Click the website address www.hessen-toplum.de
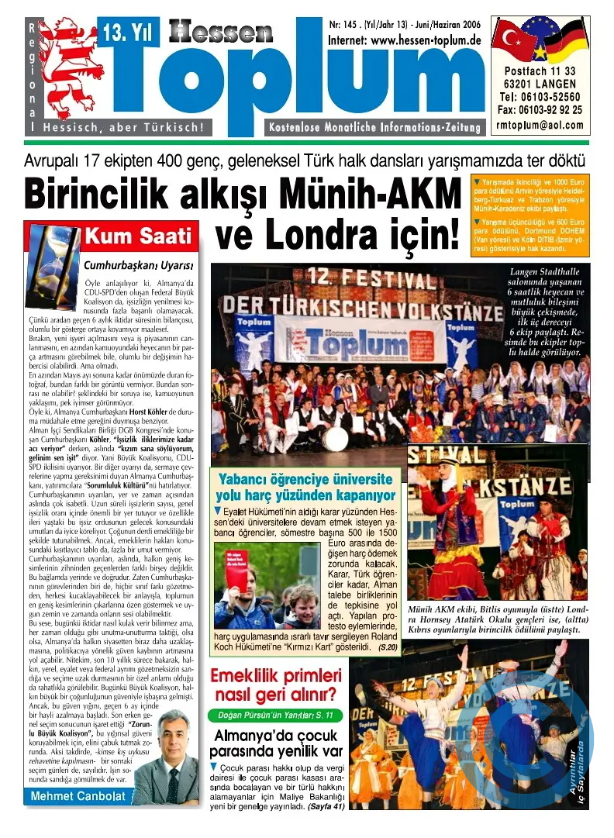[404, 40]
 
